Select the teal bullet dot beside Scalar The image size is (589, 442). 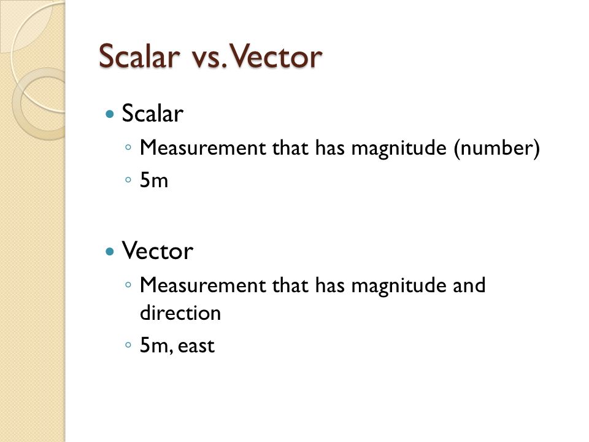coord(110,114)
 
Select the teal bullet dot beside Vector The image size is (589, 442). coord(110,251)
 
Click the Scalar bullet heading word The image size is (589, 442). coord(153,114)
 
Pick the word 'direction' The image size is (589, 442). coord(180,313)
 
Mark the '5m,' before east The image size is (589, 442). coord(155,346)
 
